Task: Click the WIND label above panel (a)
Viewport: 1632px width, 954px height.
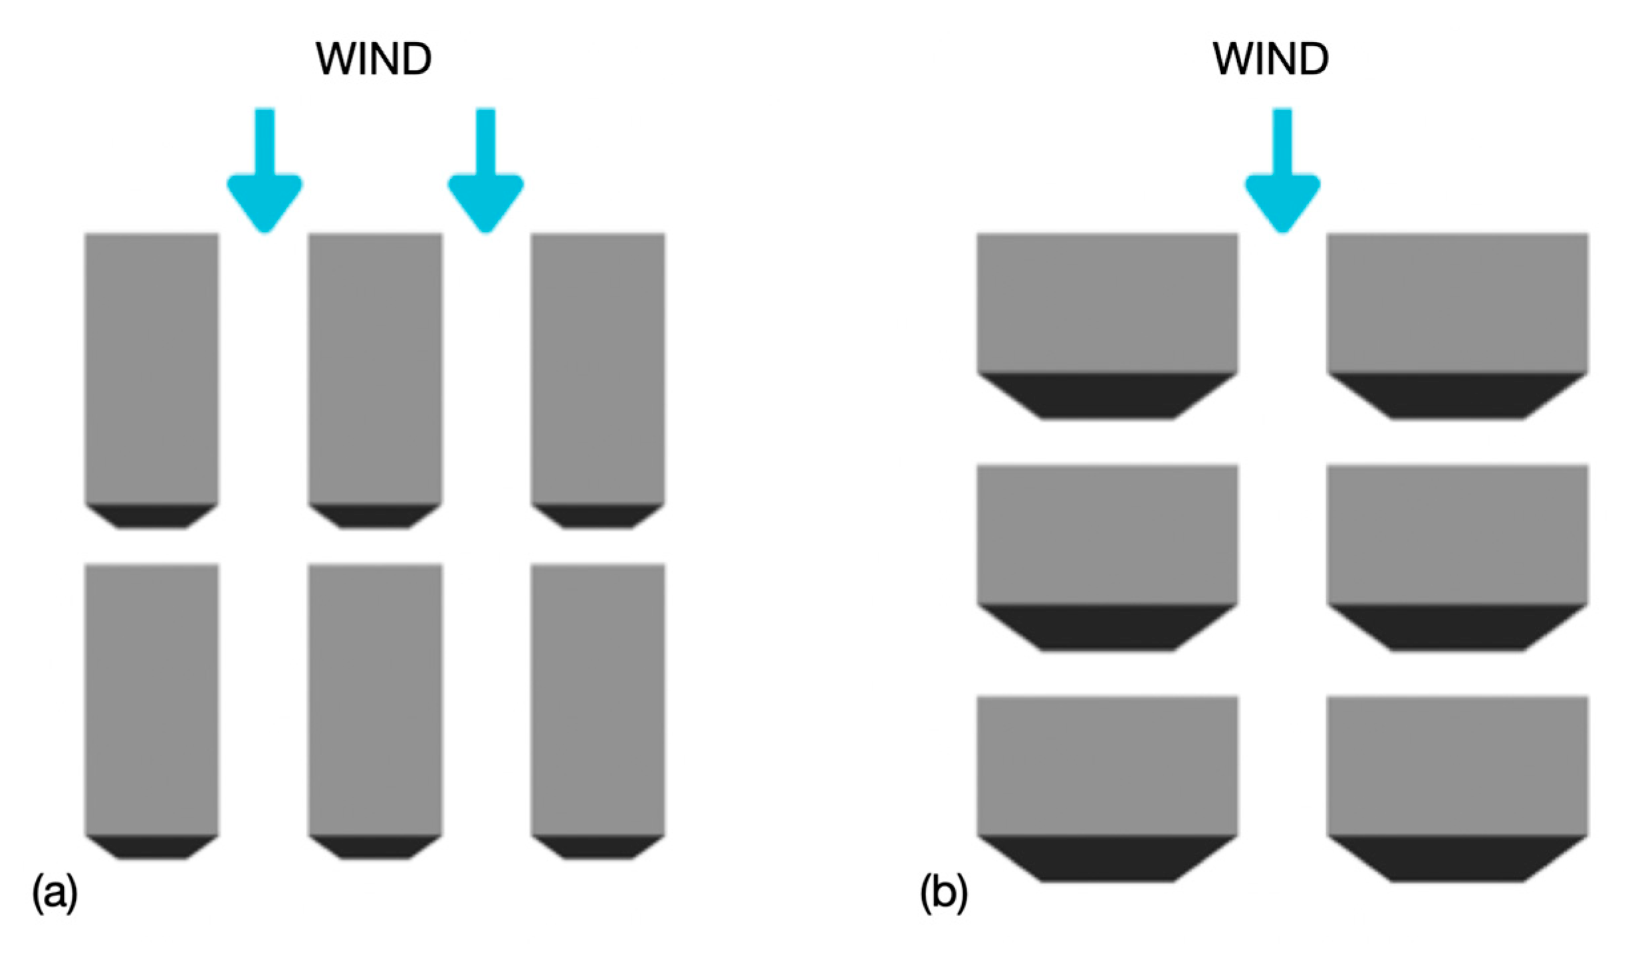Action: tap(373, 59)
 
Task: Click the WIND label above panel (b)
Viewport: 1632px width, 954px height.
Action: tap(1270, 59)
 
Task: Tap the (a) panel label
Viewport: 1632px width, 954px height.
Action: tap(55, 893)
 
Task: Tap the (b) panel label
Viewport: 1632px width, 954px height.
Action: tap(944, 893)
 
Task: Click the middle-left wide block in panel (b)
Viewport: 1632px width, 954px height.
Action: tap(1107, 535)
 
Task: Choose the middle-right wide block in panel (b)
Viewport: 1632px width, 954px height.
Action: tap(1457, 535)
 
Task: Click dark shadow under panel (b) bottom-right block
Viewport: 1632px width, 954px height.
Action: tap(1457, 858)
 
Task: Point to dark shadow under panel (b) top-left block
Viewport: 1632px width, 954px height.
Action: tap(1107, 396)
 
